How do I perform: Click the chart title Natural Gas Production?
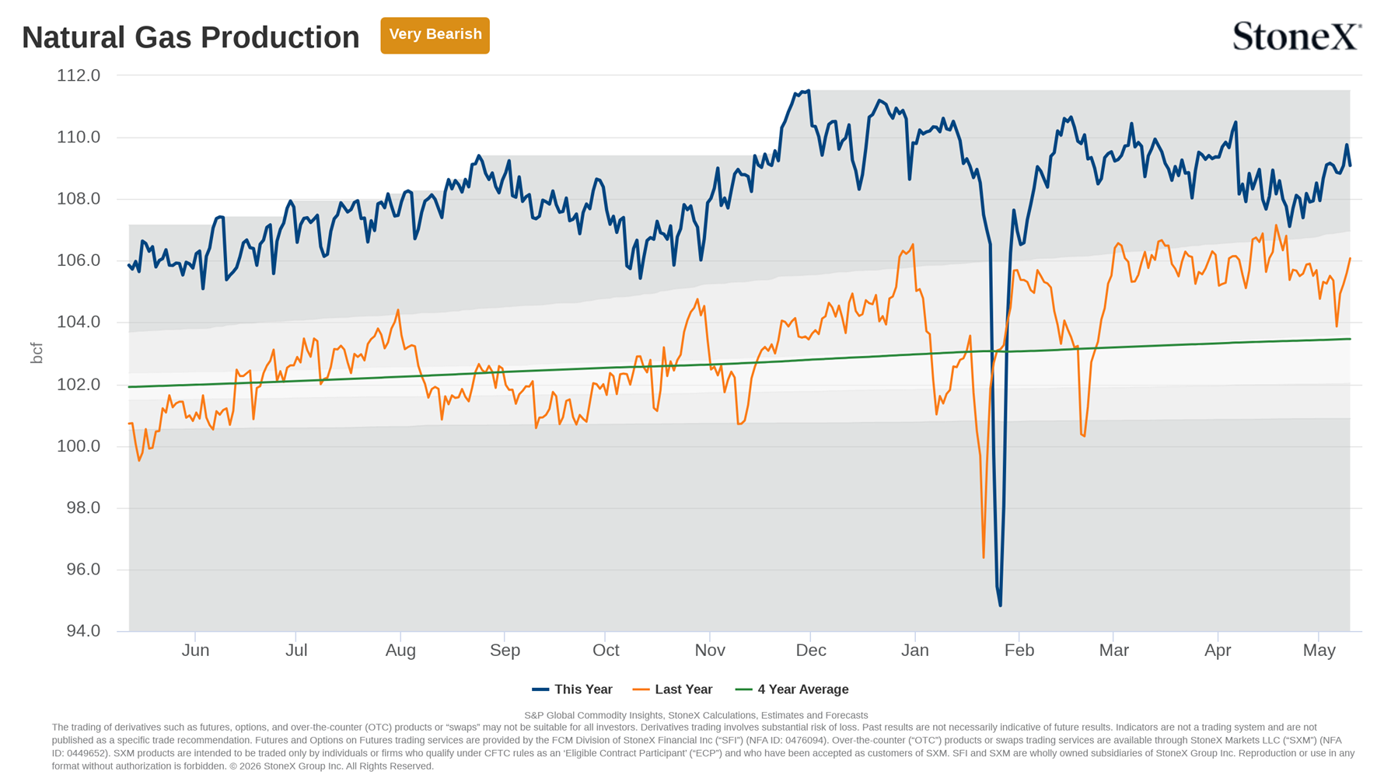pyautogui.click(x=190, y=37)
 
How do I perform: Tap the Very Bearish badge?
pyautogui.click(x=435, y=35)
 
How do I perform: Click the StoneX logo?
pyautogui.click(x=1297, y=36)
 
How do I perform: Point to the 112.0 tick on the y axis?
pyautogui.click(x=79, y=75)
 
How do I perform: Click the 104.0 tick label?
pyautogui.click(x=79, y=322)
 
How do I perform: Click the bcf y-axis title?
pyautogui.click(x=36, y=353)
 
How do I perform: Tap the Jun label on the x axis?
pyautogui.click(x=195, y=650)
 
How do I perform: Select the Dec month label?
pyautogui.click(x=810, y=650)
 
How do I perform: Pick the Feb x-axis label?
pyautogui.click(x=1019, y=650)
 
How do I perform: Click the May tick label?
pyautogui.click(x=1319, y=650)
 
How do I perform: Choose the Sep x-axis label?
pyautogui.click(x=505, y=650)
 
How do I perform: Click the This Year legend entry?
pyautogui.click(x=572, y=689)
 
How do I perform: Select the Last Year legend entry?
pyautogui.click(x=673, y=689)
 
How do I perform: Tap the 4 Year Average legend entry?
pyautogui.click(x=792, y=689)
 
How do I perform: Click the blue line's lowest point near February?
pyautogui.click(x=1000, y=605)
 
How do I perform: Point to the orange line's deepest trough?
pyautogui.click(x=984, y=557)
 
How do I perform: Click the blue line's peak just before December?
pyautogui.click(x=809, y=91)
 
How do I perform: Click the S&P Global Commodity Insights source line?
pyautogui.click(x=696, y=715)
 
